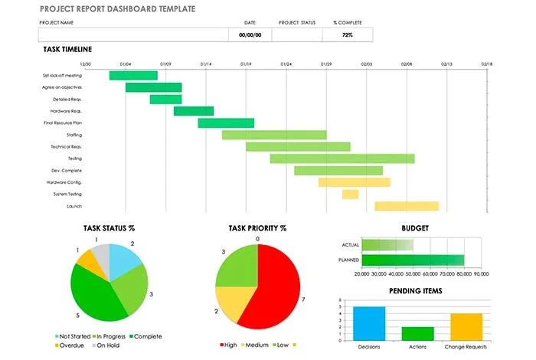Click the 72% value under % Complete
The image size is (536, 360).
347,35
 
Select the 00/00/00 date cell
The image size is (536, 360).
250,35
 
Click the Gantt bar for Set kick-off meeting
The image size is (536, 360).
133,75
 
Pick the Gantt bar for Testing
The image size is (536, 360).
342,159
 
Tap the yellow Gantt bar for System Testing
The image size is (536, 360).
350,195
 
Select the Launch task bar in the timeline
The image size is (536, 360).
406,206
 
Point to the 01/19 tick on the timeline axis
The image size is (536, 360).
246,64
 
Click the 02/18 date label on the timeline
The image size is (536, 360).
486,64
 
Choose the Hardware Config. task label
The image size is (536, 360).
64,182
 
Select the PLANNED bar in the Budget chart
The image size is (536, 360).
413,260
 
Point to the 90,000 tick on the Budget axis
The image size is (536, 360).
481,273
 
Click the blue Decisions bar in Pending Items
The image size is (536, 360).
369,323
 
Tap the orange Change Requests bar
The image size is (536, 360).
466,327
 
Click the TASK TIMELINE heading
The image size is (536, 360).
67,49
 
